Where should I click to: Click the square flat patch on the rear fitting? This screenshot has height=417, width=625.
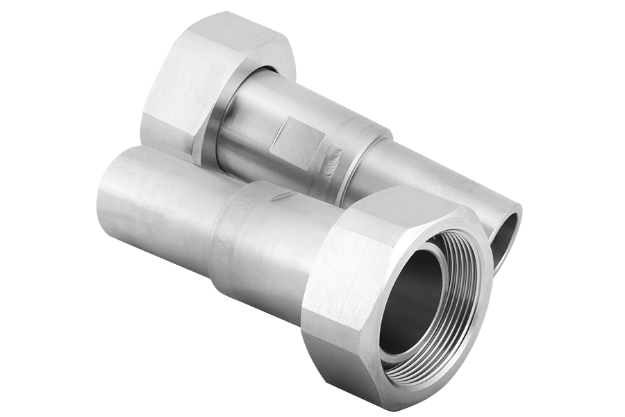click(295, 142)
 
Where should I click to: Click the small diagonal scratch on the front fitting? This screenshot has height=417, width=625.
click(283, 197)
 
